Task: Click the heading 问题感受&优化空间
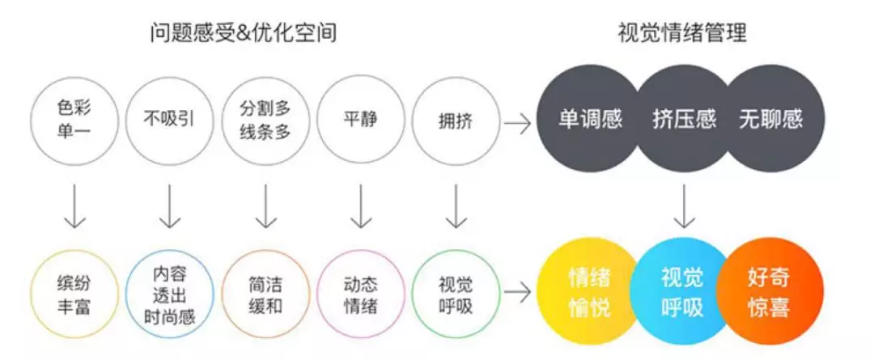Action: click(244, 33)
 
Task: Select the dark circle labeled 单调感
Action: click(590, 121)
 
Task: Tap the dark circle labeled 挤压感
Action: click(684, 121)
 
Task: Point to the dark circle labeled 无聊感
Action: click(770, 121)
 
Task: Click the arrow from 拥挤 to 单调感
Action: click(517, 124)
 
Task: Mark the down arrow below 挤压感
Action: click(685, 207)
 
